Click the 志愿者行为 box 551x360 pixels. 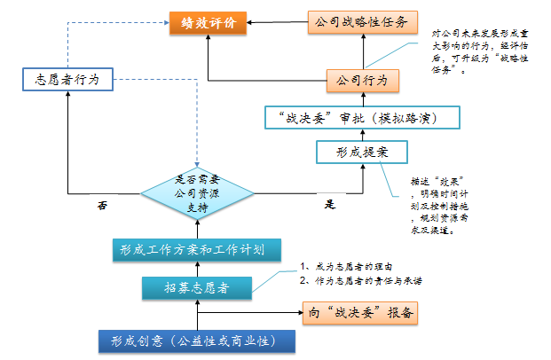pyautogui.click(x=67, y=81)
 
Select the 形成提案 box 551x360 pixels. pyautogui.click(x=352, y=153)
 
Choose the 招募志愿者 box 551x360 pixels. pyautogui.click(x=196, y=286)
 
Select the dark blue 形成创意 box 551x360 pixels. pyautogui.click(x=195, y=341)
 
